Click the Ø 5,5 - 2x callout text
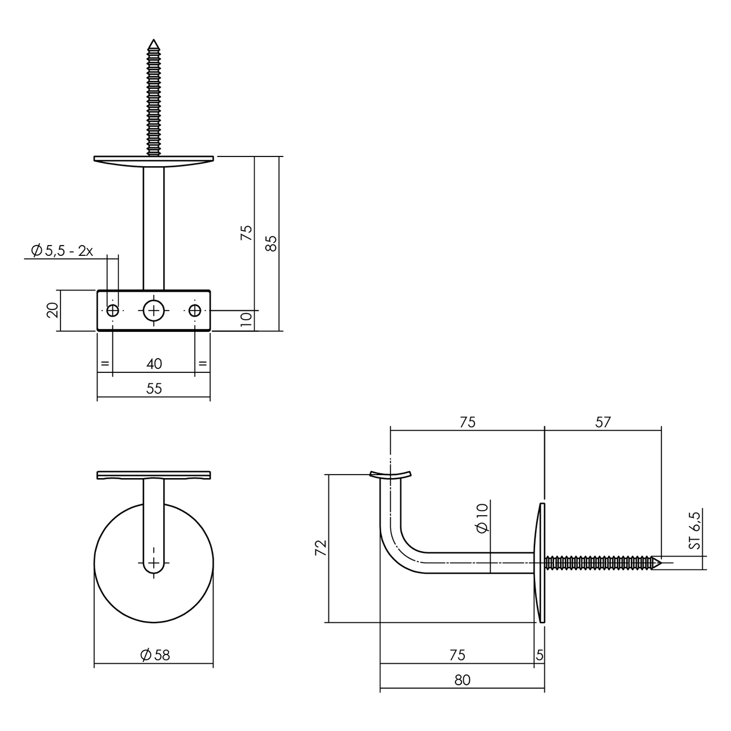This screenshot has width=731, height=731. (62, 251)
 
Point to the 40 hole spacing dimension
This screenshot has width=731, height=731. (154, 363)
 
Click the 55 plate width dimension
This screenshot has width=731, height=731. (154, 388)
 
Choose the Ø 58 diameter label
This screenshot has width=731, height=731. (155, 655)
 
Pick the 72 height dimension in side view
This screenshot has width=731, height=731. (321, 547)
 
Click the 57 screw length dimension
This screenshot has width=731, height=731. (603, 422)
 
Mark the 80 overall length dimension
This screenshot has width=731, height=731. (462, 680)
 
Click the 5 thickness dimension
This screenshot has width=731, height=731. (540, 655)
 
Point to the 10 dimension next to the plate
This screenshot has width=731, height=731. (246, 320)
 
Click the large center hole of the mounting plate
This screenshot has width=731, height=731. (154, 310)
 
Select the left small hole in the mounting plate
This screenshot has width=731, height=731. (113, 310)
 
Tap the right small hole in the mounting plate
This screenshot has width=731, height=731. (195, 310)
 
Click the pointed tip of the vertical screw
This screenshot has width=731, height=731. (153, 43)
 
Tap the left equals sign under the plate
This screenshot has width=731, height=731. (105, 363)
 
